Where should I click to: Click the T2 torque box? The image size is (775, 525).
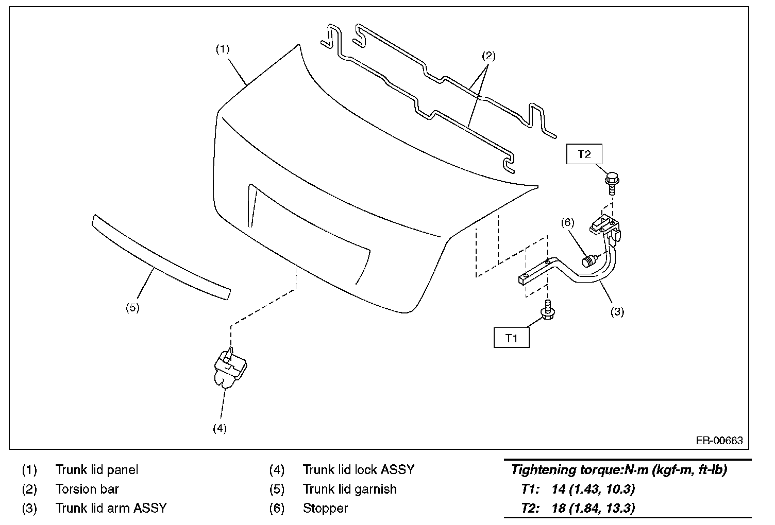point(584,154)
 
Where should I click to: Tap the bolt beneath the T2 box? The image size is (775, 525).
point(611,183)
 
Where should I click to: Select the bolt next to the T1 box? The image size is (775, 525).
point(546,309)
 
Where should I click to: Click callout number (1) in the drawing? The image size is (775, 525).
point(222,49)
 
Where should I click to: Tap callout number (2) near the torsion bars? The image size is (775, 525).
point(488,56)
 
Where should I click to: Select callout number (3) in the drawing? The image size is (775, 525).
point(617,311)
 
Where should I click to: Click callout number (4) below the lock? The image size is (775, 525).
point(220,428)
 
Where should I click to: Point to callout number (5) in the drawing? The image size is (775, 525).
point(132,308)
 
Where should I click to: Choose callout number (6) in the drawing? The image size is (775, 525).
point(567,222)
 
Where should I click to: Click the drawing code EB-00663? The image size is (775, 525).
point(719,441)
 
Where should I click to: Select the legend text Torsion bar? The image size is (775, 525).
point(87,489)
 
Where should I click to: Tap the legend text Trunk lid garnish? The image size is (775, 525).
point(349,489)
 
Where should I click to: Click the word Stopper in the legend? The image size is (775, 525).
point(325,509)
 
